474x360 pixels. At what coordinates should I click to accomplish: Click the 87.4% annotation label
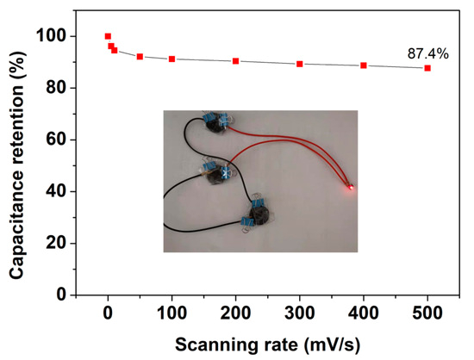[427, 53]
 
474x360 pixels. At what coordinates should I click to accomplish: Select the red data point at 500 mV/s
[427, 68]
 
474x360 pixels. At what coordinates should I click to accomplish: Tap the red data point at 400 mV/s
[364, 65]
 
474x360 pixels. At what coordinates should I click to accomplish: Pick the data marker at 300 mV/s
[300, 64]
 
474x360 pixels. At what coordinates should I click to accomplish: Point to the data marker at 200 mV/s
[235, 61]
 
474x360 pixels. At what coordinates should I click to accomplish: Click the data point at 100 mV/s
[172, 59]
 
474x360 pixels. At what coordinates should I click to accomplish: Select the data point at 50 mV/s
[140, 57]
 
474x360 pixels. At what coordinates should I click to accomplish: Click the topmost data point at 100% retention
[108, 36]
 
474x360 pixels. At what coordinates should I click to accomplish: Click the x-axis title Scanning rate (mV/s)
[268, 343]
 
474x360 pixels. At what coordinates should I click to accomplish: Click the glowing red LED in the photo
[351, 186]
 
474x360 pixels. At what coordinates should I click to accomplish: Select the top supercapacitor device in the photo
[222, 122]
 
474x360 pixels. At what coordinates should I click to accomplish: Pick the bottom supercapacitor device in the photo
[257, 211]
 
